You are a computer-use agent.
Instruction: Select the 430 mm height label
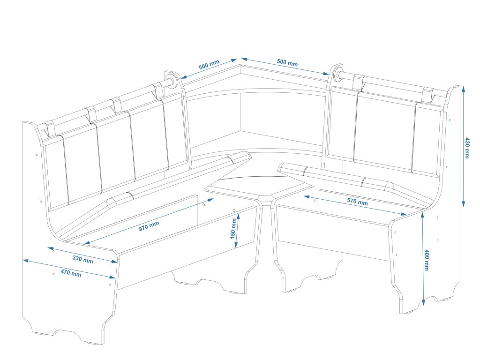point(467,148)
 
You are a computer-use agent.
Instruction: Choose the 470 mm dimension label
point(70,273)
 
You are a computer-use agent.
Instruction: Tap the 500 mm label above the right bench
point(287,62)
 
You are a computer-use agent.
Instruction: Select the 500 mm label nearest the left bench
point(209,65)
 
